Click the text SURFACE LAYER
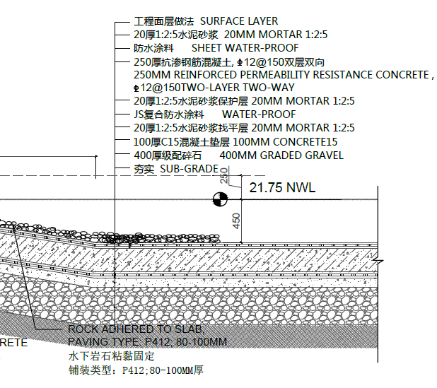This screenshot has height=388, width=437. tap(239, 21)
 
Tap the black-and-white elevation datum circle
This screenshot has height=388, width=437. tap(220, 200)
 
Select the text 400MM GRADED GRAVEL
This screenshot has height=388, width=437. tap(281, 155)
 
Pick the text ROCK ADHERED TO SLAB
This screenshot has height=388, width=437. tap(135, 329)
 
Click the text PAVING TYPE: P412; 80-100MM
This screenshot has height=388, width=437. tap(146, 342)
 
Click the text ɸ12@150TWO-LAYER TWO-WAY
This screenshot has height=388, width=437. tap(213, 88)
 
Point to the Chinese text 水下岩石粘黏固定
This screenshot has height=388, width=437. tap(101, 355)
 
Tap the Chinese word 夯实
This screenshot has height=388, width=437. tap(144, 169)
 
